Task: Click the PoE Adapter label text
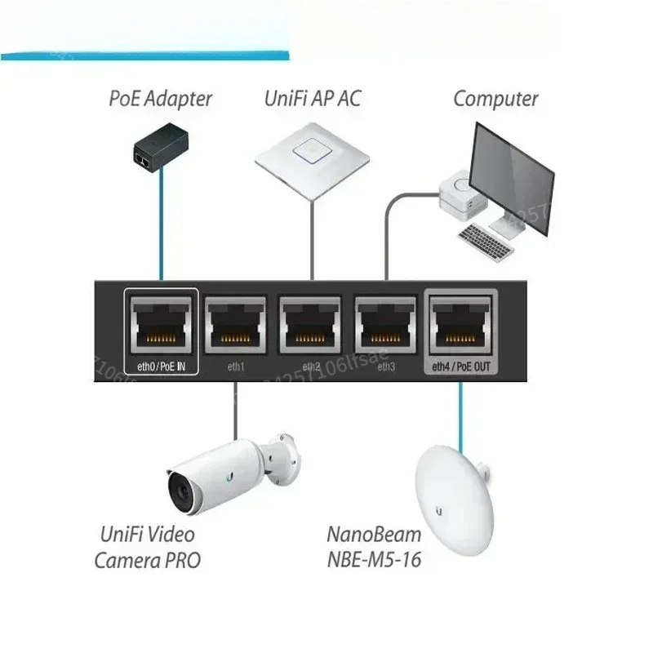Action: coord(160,100)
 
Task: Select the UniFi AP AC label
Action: coord(311,100)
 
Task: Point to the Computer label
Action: coord(495,100)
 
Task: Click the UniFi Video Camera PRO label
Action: coord(147,548)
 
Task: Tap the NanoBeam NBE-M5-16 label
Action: coord(374,548)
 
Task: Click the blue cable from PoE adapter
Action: coord(161,229)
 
